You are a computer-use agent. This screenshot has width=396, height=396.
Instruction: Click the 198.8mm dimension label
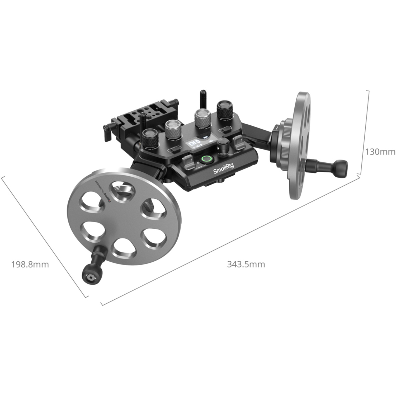pos(30,264)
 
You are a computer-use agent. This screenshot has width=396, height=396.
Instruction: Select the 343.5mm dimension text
pos(246,264)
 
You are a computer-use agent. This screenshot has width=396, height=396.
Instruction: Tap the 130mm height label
pos(380,152)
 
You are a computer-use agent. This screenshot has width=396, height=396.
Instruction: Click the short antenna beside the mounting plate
pos(143,120)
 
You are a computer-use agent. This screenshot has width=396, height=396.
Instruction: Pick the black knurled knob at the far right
pos(225,110)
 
